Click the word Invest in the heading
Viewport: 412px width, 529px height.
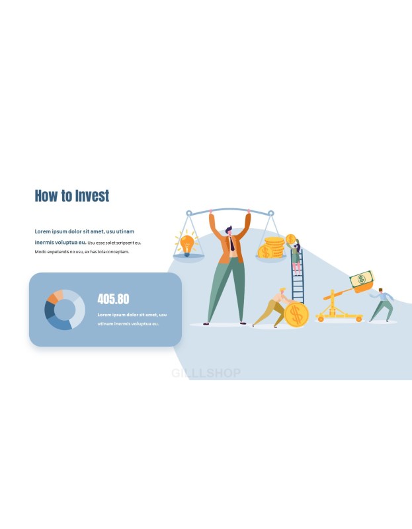tap(92, 196)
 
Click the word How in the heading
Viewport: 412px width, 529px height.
tap(46, 196)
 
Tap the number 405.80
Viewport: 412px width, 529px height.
tap(113, 299)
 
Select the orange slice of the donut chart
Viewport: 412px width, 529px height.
tap(52, 298)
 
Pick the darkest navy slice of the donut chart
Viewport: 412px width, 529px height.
tap(49, 310)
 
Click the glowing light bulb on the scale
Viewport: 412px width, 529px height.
tap(186, 243)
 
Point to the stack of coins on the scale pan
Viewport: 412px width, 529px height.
tap(271, 247)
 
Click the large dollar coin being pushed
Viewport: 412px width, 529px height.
tap(296, 315)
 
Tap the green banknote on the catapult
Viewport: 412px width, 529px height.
tap(361, 279)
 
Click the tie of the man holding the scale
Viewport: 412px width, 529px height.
tap(232, 243)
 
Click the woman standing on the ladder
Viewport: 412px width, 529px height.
tap(295, 257)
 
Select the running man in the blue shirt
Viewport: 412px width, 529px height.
tap(382, 305)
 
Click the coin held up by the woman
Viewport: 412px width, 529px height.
tap(290, 239)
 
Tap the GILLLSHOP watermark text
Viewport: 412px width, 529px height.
tap(206, 373)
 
